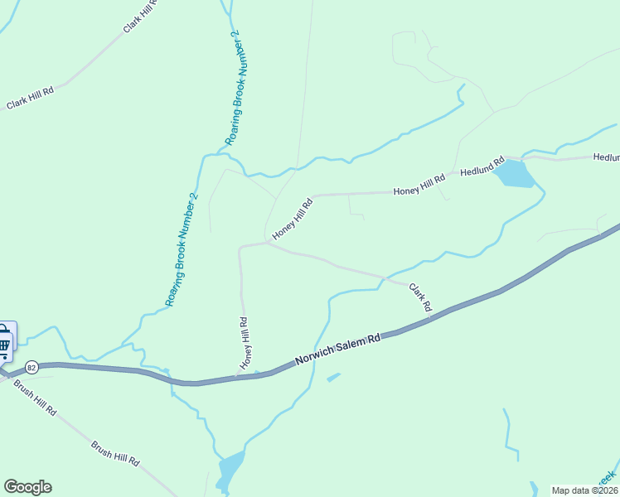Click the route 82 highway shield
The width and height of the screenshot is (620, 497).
tap(31, 366)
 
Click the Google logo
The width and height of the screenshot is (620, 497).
tap(27, 487)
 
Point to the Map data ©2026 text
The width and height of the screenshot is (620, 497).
tap(584, 490)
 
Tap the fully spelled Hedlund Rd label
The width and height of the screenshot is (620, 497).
tap(482, 168)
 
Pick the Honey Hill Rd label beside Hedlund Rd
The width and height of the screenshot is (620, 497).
tap(419, 185)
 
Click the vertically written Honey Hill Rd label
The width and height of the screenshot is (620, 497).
tap(245, 343)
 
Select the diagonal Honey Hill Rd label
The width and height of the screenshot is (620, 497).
tap(293, 219)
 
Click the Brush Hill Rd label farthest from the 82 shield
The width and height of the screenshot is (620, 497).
tap(115, 452)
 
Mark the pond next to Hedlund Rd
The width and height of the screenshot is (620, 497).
tap(515, 174)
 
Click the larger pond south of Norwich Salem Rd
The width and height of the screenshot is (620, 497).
tap(230, 469)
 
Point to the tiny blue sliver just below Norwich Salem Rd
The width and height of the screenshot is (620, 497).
tap(333, 378)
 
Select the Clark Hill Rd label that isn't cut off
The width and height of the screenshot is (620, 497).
tap(30, 98)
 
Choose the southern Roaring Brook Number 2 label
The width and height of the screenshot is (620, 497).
tap(182, 249)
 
